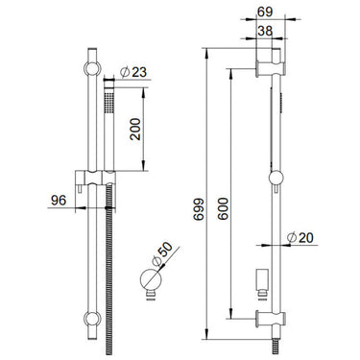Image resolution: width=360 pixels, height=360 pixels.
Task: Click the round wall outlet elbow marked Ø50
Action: coord(150,281)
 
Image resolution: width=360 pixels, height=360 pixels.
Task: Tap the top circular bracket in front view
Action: coord(91,68)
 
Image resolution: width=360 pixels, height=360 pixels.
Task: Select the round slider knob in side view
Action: coord(278,178)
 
